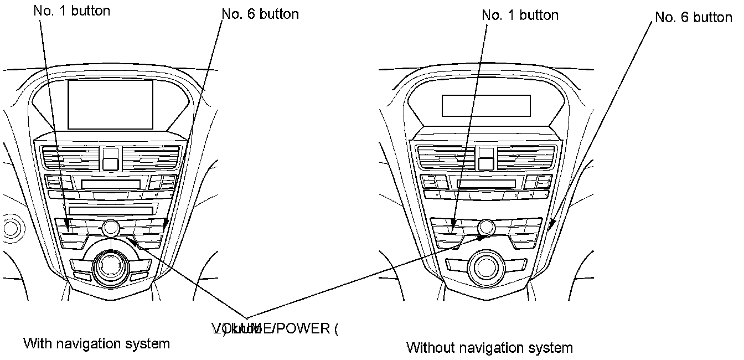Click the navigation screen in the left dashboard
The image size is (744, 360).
click(x=111, y=104)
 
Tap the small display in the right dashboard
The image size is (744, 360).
click(x=486, y=105)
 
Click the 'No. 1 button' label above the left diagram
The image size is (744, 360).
click(x=72, y=11)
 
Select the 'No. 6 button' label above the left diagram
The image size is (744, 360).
click(x=260, y=14)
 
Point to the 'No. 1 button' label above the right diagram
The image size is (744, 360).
click(x=520, y=15)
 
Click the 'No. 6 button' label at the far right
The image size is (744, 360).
click(x=694, y=17)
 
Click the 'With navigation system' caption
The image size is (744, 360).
click(x=96, y=343)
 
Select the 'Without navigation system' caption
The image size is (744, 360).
click(x=489, y=348)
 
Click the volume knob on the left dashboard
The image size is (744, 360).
click(x=110, y=227)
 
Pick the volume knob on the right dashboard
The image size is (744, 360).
click(x=487, y=227)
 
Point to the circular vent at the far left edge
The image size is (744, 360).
click(x=9, y=227)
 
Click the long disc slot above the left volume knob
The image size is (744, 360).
click(x=111, y=210)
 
